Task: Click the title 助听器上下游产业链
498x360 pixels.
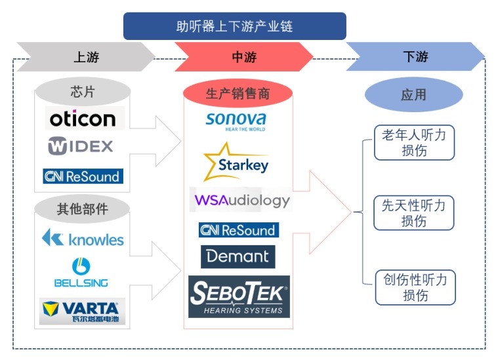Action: click(234, 26)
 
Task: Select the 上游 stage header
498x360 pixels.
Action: click(86, 57)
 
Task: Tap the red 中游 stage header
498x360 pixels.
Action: click(243, 57)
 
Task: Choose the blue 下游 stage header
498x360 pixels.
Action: click(415, 57)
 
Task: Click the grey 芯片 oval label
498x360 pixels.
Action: click(83, 92)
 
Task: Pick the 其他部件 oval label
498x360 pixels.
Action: click(83, 209)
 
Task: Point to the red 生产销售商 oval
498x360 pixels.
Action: click(238, 94)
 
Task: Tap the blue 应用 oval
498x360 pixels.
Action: click(413, 95)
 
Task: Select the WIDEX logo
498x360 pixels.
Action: click(81, 146)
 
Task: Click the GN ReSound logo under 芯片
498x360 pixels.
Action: click(83, 176)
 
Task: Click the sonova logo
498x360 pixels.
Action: click(236, 121)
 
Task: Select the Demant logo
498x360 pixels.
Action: click(238, 256)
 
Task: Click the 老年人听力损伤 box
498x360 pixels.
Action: click(414, 142)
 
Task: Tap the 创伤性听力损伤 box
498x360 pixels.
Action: click(415, 288)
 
